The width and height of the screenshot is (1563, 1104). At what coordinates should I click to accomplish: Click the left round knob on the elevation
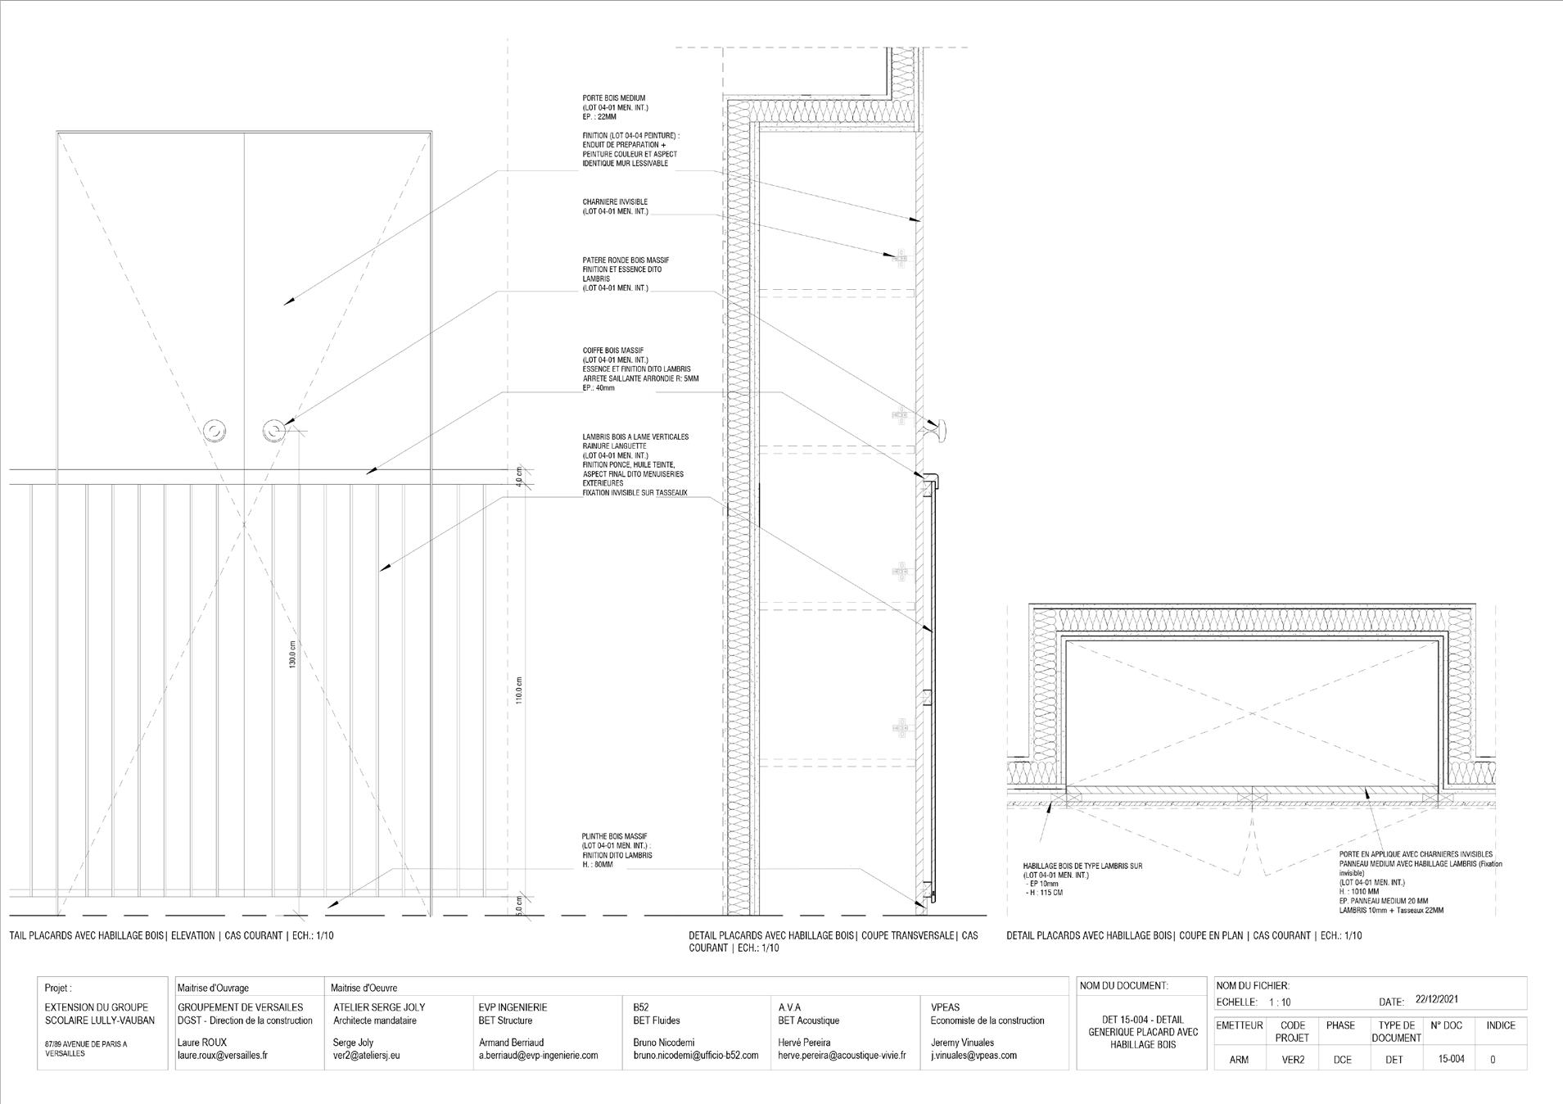pyautogui.click(x=215, y=430)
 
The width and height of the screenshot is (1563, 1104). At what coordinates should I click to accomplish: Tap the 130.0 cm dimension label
pyautogui.click(x=292, y=654)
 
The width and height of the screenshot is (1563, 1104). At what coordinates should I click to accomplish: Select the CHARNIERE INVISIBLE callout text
pyautogui.click(x=615, y=206)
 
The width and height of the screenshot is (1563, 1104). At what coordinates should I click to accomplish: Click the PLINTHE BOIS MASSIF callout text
pyautogui.click(x=617, y=850)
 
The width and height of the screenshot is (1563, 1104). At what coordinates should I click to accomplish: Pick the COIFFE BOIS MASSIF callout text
pyautogui.click(x=640, y=369)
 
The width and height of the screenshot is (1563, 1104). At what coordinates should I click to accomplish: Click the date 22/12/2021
pyautogui.click(x=1436, y=999)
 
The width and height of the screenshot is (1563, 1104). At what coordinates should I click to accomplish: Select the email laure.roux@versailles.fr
pyautogui.click(x=222, y=1056)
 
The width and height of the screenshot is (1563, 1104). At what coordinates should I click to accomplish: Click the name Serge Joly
pyautogui.click(x=353, y=1043)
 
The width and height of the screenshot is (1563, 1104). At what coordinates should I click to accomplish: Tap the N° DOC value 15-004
pyautogui.click(x=1451, y=1059)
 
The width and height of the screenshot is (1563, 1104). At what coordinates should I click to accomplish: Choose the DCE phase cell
pyautogui.click(x=1342, y=1059)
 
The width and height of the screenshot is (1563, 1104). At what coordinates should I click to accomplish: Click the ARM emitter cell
pyautogui.click(x=1239, y=1059)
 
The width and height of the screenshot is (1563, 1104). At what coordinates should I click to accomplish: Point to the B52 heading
pyautogui.click(x=641, y=1007)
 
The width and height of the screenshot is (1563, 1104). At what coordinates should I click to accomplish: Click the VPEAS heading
pyautogui.click(x=945, y=1007)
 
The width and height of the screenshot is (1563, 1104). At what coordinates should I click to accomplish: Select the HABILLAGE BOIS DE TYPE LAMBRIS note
pyautogui.click(x=1082, y=879)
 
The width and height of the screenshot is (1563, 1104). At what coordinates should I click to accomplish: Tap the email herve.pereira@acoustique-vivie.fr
pyautogui.click(x=841, y=1056)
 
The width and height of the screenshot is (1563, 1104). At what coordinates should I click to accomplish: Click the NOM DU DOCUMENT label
pyautogui.click(x=1123, y=986)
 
